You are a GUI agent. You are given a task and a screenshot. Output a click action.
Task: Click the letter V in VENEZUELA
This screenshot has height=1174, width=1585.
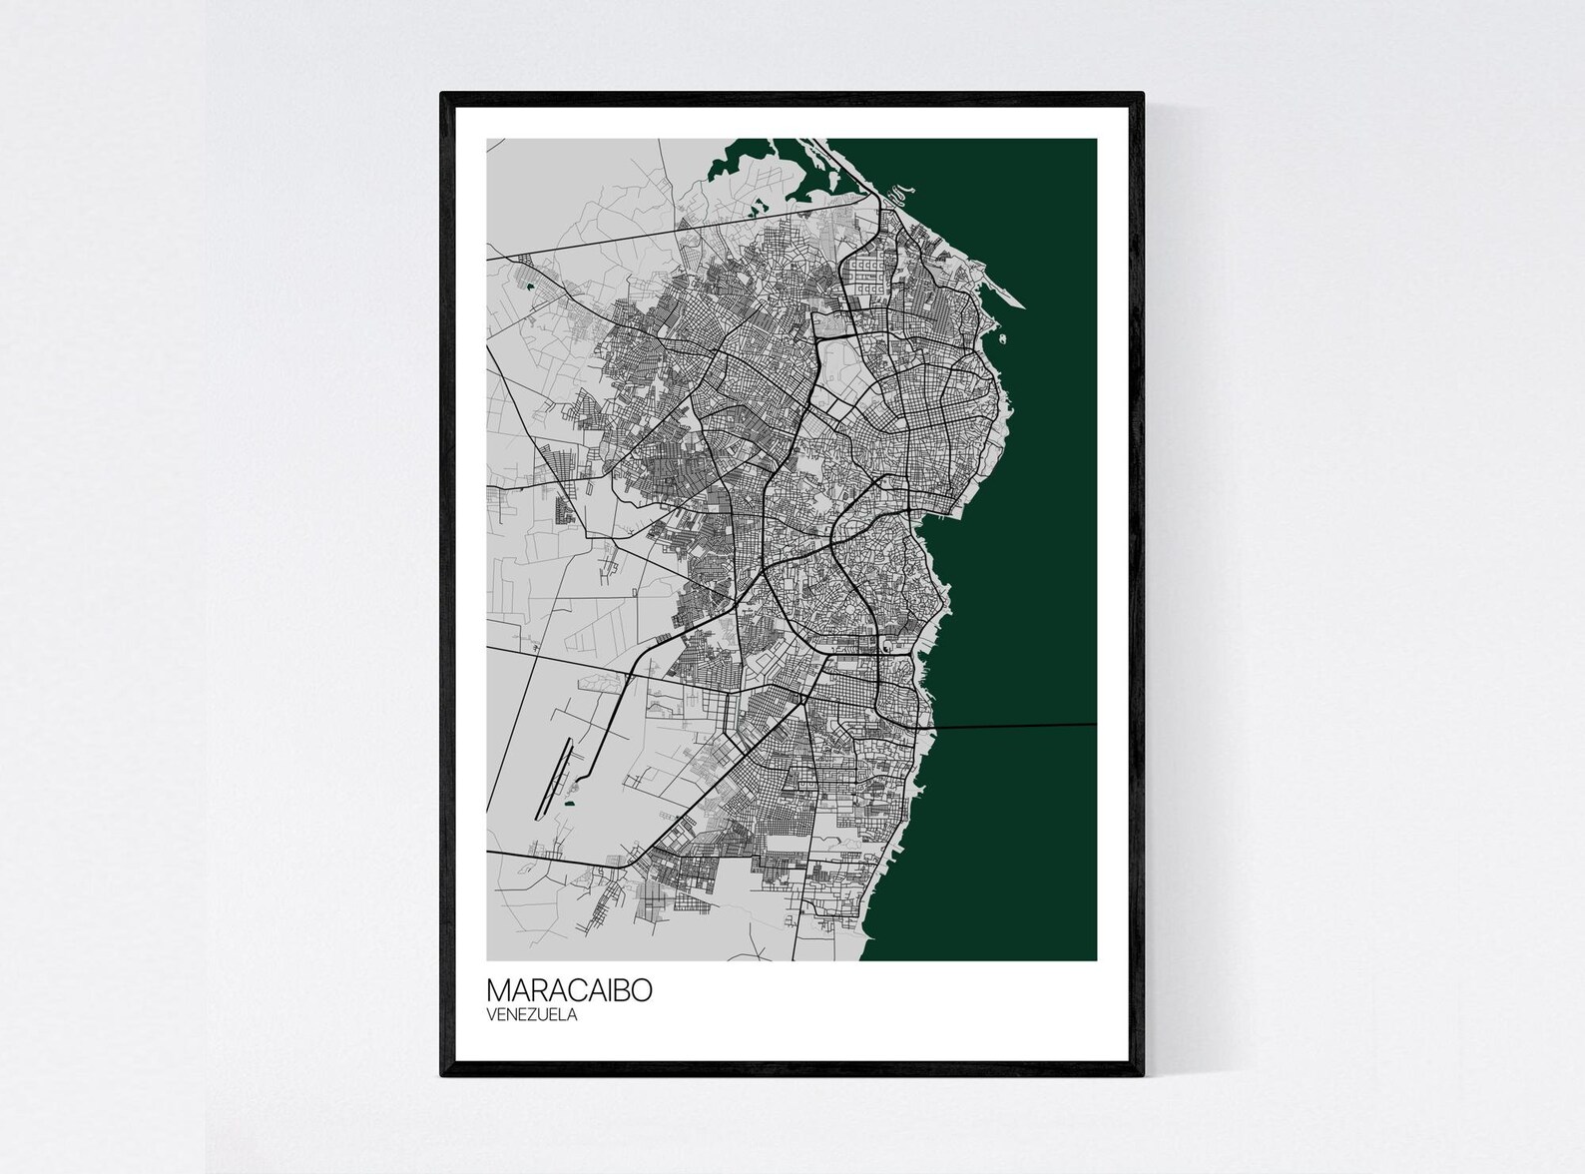(x=491, y=1015)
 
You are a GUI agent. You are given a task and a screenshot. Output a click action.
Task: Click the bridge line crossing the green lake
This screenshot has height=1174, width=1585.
(x=1018, y=726)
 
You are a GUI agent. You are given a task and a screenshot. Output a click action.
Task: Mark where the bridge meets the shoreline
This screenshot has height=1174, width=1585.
(x=934, y=728)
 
